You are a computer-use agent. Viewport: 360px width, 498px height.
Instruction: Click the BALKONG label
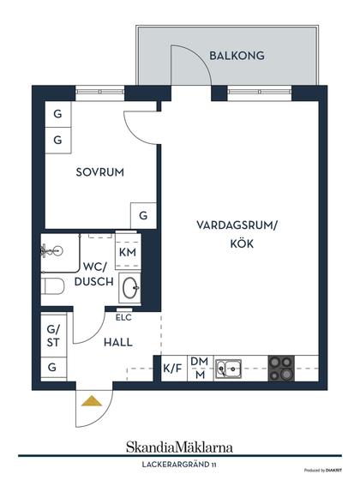point(237,56)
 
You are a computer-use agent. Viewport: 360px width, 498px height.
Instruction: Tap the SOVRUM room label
point(99,172)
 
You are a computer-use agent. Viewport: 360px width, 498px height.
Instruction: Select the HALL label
point(118,342)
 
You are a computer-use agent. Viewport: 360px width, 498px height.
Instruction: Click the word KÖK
point(242,243)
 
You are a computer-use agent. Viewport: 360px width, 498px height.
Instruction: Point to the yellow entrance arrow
point(92,401)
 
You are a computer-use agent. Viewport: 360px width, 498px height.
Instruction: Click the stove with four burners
point(281,369)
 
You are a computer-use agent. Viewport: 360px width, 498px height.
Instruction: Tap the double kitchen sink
point(228,369)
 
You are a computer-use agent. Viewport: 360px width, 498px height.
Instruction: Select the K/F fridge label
point(172,369)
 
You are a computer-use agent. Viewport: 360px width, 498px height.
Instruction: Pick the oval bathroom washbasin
point(129,288)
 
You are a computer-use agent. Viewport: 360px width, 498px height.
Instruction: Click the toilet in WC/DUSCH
point(53,286)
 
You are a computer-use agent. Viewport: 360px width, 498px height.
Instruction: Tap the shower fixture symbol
point(51,251)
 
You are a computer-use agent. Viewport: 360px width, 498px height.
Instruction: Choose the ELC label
point(123,318)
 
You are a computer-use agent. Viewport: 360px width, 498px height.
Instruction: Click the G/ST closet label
point(53,336)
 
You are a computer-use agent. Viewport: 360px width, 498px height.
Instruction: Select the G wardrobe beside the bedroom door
point(144,216)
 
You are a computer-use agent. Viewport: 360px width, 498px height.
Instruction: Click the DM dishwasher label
point(199,361)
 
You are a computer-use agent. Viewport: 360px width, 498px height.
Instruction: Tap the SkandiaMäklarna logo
point(179,447)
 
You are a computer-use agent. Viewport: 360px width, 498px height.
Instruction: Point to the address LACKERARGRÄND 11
point(179,465)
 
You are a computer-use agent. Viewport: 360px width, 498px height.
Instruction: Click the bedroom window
point(99,92)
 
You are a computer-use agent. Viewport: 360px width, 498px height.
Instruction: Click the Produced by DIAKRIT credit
point(323,471)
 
